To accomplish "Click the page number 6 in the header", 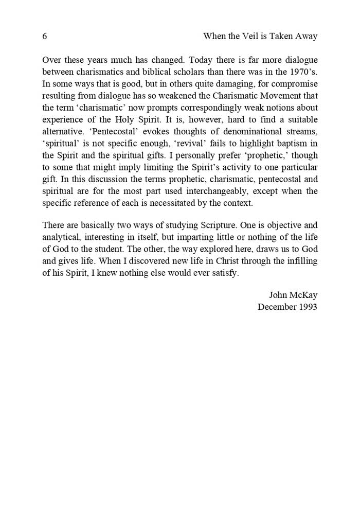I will point(45,37).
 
